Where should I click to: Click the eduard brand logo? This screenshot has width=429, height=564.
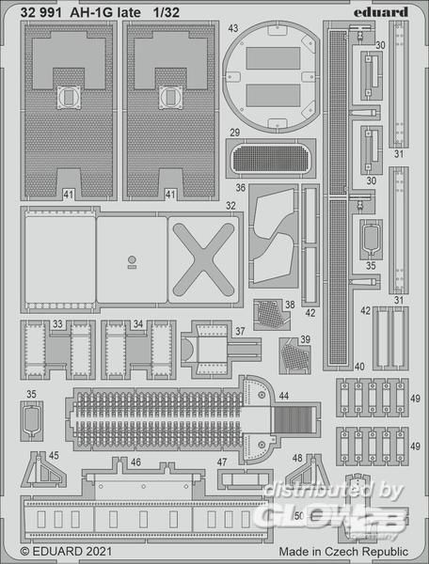(381, 12)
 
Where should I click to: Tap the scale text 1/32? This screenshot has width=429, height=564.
(166, 13)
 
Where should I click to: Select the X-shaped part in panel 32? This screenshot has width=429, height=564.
(204, 259)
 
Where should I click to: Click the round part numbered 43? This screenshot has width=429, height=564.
(271, 76)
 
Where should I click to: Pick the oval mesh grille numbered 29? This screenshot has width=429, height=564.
(271, 158)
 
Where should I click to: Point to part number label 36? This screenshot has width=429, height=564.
(241, 188)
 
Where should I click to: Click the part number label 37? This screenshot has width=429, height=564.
(240, 331)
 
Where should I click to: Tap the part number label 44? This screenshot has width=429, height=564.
(283, 396)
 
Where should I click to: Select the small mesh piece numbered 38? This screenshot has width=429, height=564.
(271, 314)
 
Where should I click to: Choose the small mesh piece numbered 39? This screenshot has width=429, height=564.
(294, 355)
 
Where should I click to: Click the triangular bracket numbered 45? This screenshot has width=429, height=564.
(43, 470)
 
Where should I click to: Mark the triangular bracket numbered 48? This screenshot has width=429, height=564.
(307, 471)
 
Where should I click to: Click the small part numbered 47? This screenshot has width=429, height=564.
(245, 479)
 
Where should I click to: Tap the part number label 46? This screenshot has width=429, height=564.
(135, 462)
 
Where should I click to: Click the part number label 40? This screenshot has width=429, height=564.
(359, 367)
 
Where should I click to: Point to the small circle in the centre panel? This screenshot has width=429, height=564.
(132, 259)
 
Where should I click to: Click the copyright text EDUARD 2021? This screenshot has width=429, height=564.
(66, 552)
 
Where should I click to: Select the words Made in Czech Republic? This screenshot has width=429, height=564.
(343, 552)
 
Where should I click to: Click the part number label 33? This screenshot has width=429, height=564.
(57, 324)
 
